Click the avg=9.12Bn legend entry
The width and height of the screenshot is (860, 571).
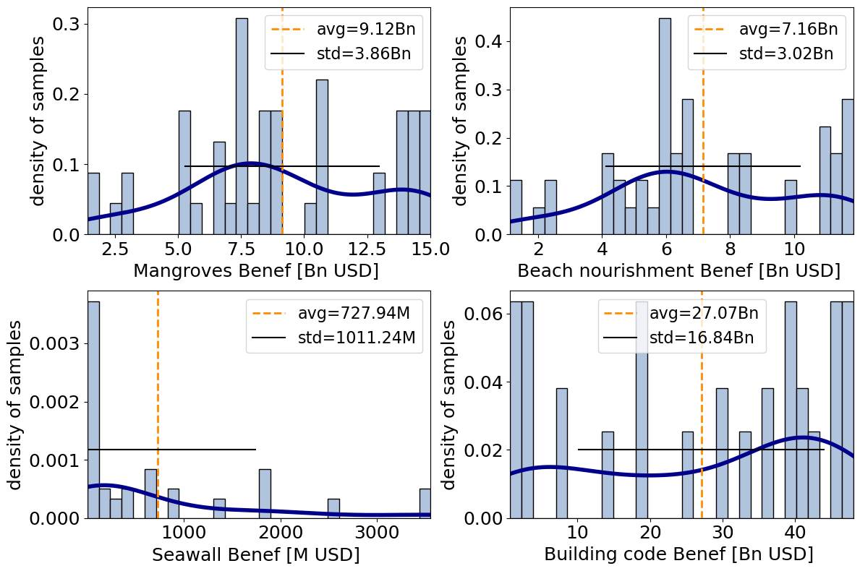tap(344, 30)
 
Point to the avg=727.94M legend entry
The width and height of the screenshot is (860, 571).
tap(333, 314)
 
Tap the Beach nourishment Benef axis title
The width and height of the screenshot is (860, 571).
tap(679, 271)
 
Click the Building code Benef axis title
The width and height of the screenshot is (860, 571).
tap(678, 554)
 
